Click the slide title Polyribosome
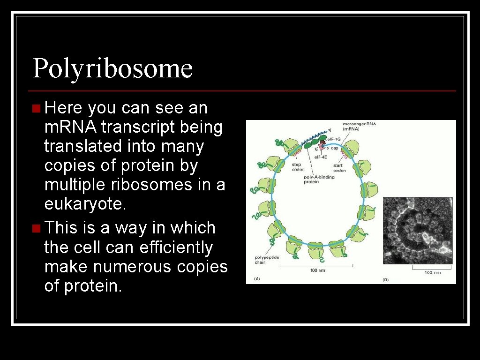tap(112, 68)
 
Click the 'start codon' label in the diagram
tap(339, 168)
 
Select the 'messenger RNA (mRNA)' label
tap(360, 126)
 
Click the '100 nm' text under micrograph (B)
tap(432, 272)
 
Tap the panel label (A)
tap(257, 278)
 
